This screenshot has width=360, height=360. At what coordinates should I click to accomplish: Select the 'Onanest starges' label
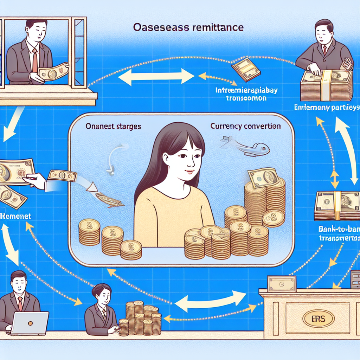114,126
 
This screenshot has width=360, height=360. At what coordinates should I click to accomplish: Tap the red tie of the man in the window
35,60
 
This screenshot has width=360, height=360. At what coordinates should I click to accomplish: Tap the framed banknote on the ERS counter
282,284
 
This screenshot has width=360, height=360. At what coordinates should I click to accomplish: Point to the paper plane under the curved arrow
110,199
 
